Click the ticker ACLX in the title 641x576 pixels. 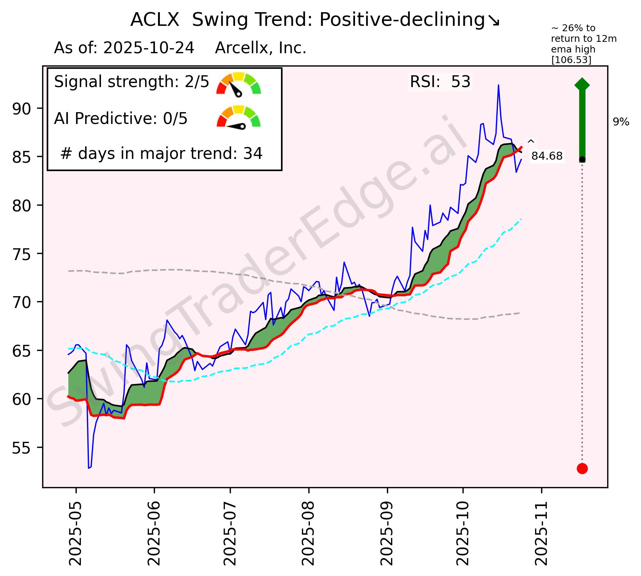click(x=155, y=20)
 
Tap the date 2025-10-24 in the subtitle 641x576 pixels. click(x=149, y=48)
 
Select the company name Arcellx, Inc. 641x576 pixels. click(x=261, y=48)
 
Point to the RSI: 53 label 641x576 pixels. click(x=440, y=82)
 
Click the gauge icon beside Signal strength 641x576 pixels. click(x=238, y=83)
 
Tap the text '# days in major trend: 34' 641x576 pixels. click(x=161, y=154)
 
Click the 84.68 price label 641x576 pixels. click(x=547, y=156)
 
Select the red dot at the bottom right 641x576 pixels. click(x=582, y=468)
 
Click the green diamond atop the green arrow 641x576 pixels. click(x=582, y=84)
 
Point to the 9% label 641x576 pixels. click(x=621, y=122)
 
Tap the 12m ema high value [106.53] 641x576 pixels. click(x=571, y=60)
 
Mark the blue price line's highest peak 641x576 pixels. click(x=498, y=85)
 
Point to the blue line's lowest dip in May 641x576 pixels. click(x=89, y=468)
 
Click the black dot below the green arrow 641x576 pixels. click(x=582, y=159)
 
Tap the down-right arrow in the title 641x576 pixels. click(x=494, y=21)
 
